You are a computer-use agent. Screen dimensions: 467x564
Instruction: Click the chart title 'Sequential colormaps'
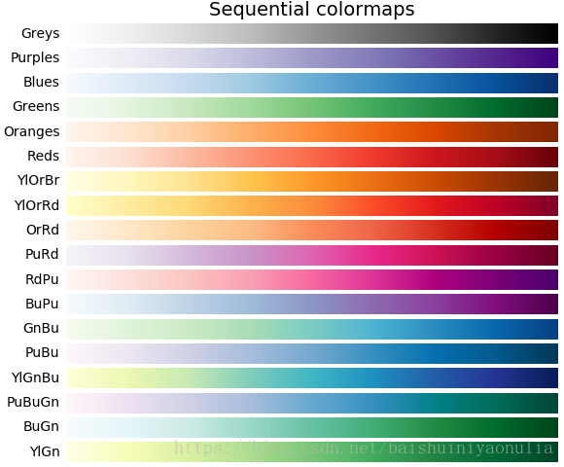[311, 11]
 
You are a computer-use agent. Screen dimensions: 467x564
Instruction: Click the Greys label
[40, 34]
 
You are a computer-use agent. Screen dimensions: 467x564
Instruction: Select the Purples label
[35, 58]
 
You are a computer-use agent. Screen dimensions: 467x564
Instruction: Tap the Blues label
[41, 83]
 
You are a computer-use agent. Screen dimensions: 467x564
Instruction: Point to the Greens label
[36, 107]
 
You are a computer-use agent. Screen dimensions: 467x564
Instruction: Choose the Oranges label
[32, 131]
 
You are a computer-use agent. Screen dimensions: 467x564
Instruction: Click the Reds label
[42, 156]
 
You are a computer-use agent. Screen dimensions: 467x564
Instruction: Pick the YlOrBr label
[38, 180]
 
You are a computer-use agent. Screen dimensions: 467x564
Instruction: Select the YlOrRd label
[37, 205]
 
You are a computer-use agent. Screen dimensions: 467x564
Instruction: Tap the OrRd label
[43, 230]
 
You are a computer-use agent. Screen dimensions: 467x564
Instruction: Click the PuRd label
[43, 254]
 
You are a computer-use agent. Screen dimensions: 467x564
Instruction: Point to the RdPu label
[43, 279]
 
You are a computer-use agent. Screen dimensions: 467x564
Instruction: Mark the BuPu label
[43, 304]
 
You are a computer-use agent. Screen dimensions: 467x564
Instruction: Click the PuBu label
[43, 352]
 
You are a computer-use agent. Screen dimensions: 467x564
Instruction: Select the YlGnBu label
[35, 377]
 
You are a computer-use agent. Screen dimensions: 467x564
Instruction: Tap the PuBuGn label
[33, 402]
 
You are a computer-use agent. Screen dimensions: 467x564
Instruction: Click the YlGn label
[45, 450]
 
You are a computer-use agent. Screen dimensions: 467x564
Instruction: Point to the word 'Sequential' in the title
[256, 11]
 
